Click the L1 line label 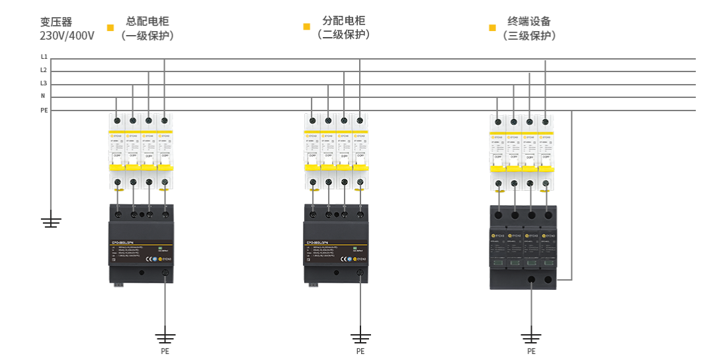point(44,58)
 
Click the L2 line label point(44,70)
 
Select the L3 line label point(44,83)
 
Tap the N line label point(43,97)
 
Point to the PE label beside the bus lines point(44,110)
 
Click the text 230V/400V point(67,36)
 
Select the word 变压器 point(56,22)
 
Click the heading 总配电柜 point(147,21)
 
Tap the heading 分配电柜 point(343,21)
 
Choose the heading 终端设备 point(529,21)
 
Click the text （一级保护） point(147,36)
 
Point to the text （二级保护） point(343,34)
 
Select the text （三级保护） point(529,36)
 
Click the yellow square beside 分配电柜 point(306,27)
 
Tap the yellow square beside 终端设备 point(492,28)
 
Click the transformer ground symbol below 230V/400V point(51,221)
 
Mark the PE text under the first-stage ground point(165,351)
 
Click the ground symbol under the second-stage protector point(360,334)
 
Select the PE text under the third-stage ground point(531,351)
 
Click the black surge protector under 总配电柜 point(142,244)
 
